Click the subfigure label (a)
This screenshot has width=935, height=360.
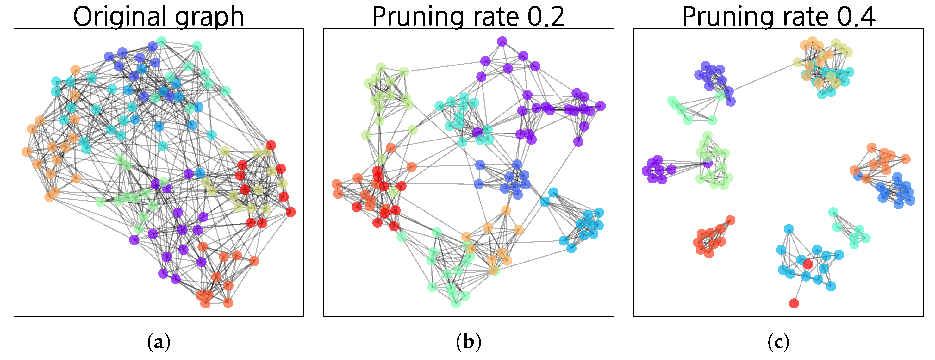coord(159,342)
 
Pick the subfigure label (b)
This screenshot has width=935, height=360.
coord(469,342)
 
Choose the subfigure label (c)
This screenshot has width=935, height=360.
coord(778,342)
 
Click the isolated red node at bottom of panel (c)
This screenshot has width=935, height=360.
coord(794,303)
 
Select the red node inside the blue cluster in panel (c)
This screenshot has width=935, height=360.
coord(807,264)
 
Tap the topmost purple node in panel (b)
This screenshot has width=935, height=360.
coord(502,41)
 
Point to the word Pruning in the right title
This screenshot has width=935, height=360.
coord(728,17)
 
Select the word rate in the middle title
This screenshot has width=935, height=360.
coord(495,17)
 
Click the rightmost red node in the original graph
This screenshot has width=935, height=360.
coord(290,212)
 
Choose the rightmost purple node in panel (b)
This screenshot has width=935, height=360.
coord(600,106)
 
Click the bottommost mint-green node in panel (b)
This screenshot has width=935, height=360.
coord(456,303)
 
